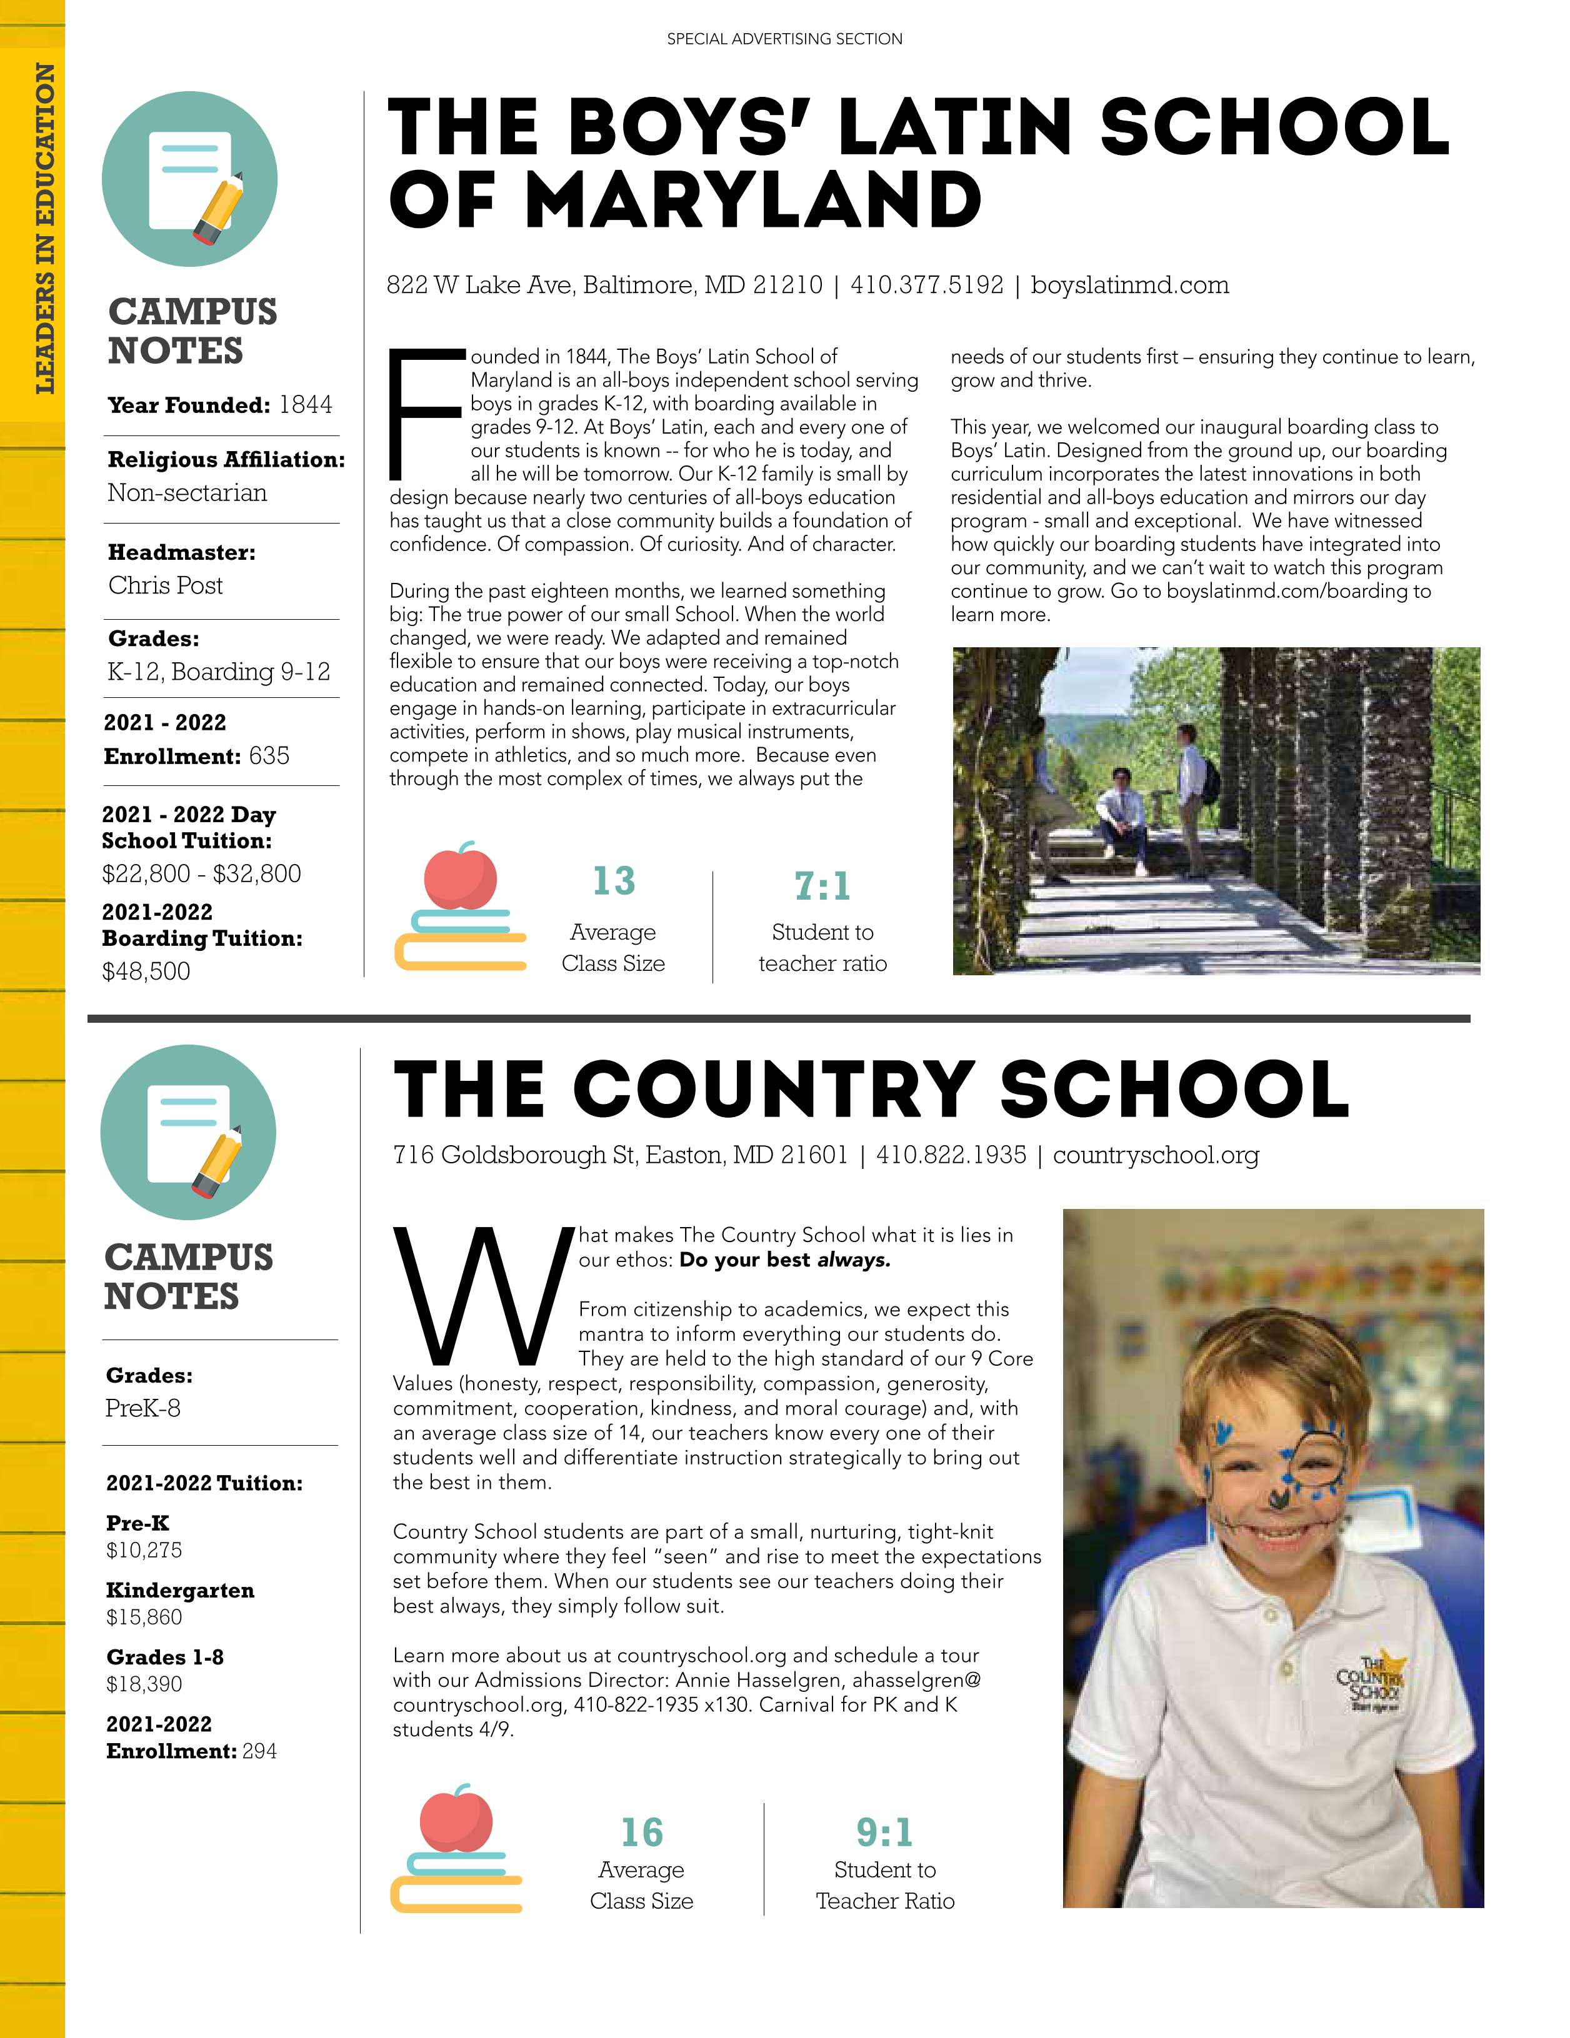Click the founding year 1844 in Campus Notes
tap(305, 404)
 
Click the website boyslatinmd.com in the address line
tap(1129, 285)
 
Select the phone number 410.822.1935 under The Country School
tap(950, 1155)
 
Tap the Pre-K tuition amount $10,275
tap(144, 1550)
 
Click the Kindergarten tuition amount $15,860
tap(144, 1617)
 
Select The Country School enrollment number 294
tap(259, 1751)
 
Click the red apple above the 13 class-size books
tap(459, 875)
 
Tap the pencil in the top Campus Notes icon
tap(218, 207)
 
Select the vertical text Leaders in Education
tap(44, 229)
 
